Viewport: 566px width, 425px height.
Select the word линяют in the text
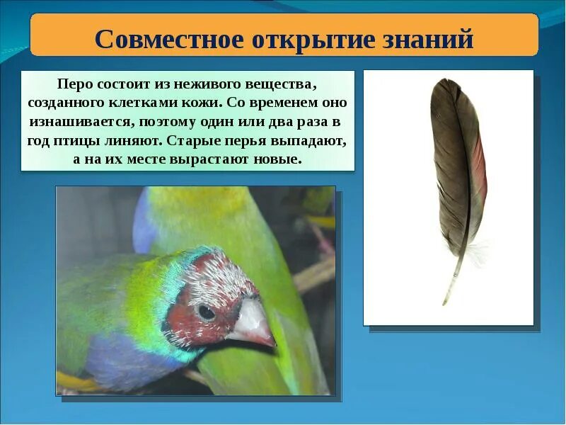coord(145,140)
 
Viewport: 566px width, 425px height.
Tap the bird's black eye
coord(207,312)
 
